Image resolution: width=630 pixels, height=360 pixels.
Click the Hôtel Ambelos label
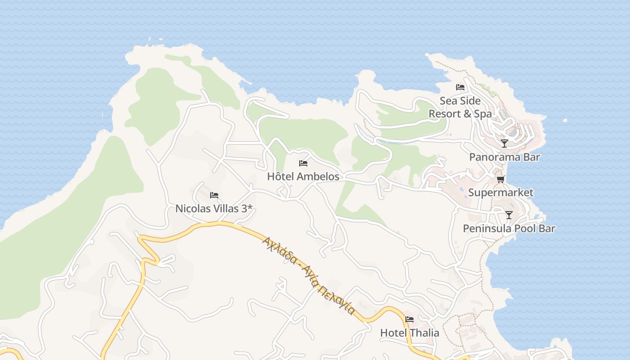point(303,176)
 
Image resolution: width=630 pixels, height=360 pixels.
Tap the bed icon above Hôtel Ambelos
point(303,163)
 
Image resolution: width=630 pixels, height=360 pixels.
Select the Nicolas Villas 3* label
point(214,209)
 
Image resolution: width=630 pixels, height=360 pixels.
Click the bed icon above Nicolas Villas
point(214,195)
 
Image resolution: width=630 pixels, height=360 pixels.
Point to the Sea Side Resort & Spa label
point(460,107)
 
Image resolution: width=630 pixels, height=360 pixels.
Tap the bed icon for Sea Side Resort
point(460,87)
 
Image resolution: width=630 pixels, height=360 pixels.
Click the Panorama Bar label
point(504,157)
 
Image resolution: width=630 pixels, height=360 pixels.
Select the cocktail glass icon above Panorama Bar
point(504,144)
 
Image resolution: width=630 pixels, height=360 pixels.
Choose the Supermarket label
point(500,193)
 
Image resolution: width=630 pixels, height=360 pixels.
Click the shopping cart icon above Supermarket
point(500,179)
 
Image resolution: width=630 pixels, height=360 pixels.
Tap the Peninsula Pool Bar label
point(509,229)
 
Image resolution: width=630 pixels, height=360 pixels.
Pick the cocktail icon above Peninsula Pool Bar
point(509,215)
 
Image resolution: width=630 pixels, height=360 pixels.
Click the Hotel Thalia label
point(409,333)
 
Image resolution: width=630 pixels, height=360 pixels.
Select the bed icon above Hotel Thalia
point(409,319)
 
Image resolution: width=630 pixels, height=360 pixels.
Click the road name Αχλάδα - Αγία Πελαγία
point(309,275)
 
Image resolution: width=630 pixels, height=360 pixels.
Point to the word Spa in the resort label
point(483,114)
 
